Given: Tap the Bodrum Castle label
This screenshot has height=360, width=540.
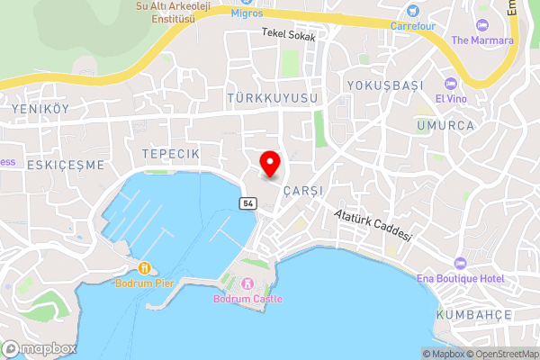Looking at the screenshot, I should coord(247,299).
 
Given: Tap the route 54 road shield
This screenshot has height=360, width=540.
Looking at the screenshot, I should coord(247,204).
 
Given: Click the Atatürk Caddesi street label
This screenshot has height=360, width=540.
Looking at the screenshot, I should coord(372,225).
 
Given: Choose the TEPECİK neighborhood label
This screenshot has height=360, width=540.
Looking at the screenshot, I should coord(170,155).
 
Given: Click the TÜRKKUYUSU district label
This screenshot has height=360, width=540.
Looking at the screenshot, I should coord(274,96).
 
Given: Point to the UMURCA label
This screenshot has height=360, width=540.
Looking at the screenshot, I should coord(445,125).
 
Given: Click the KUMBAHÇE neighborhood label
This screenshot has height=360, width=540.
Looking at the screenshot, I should coord(473,314).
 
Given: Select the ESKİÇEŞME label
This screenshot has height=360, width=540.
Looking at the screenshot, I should coord(66,166).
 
